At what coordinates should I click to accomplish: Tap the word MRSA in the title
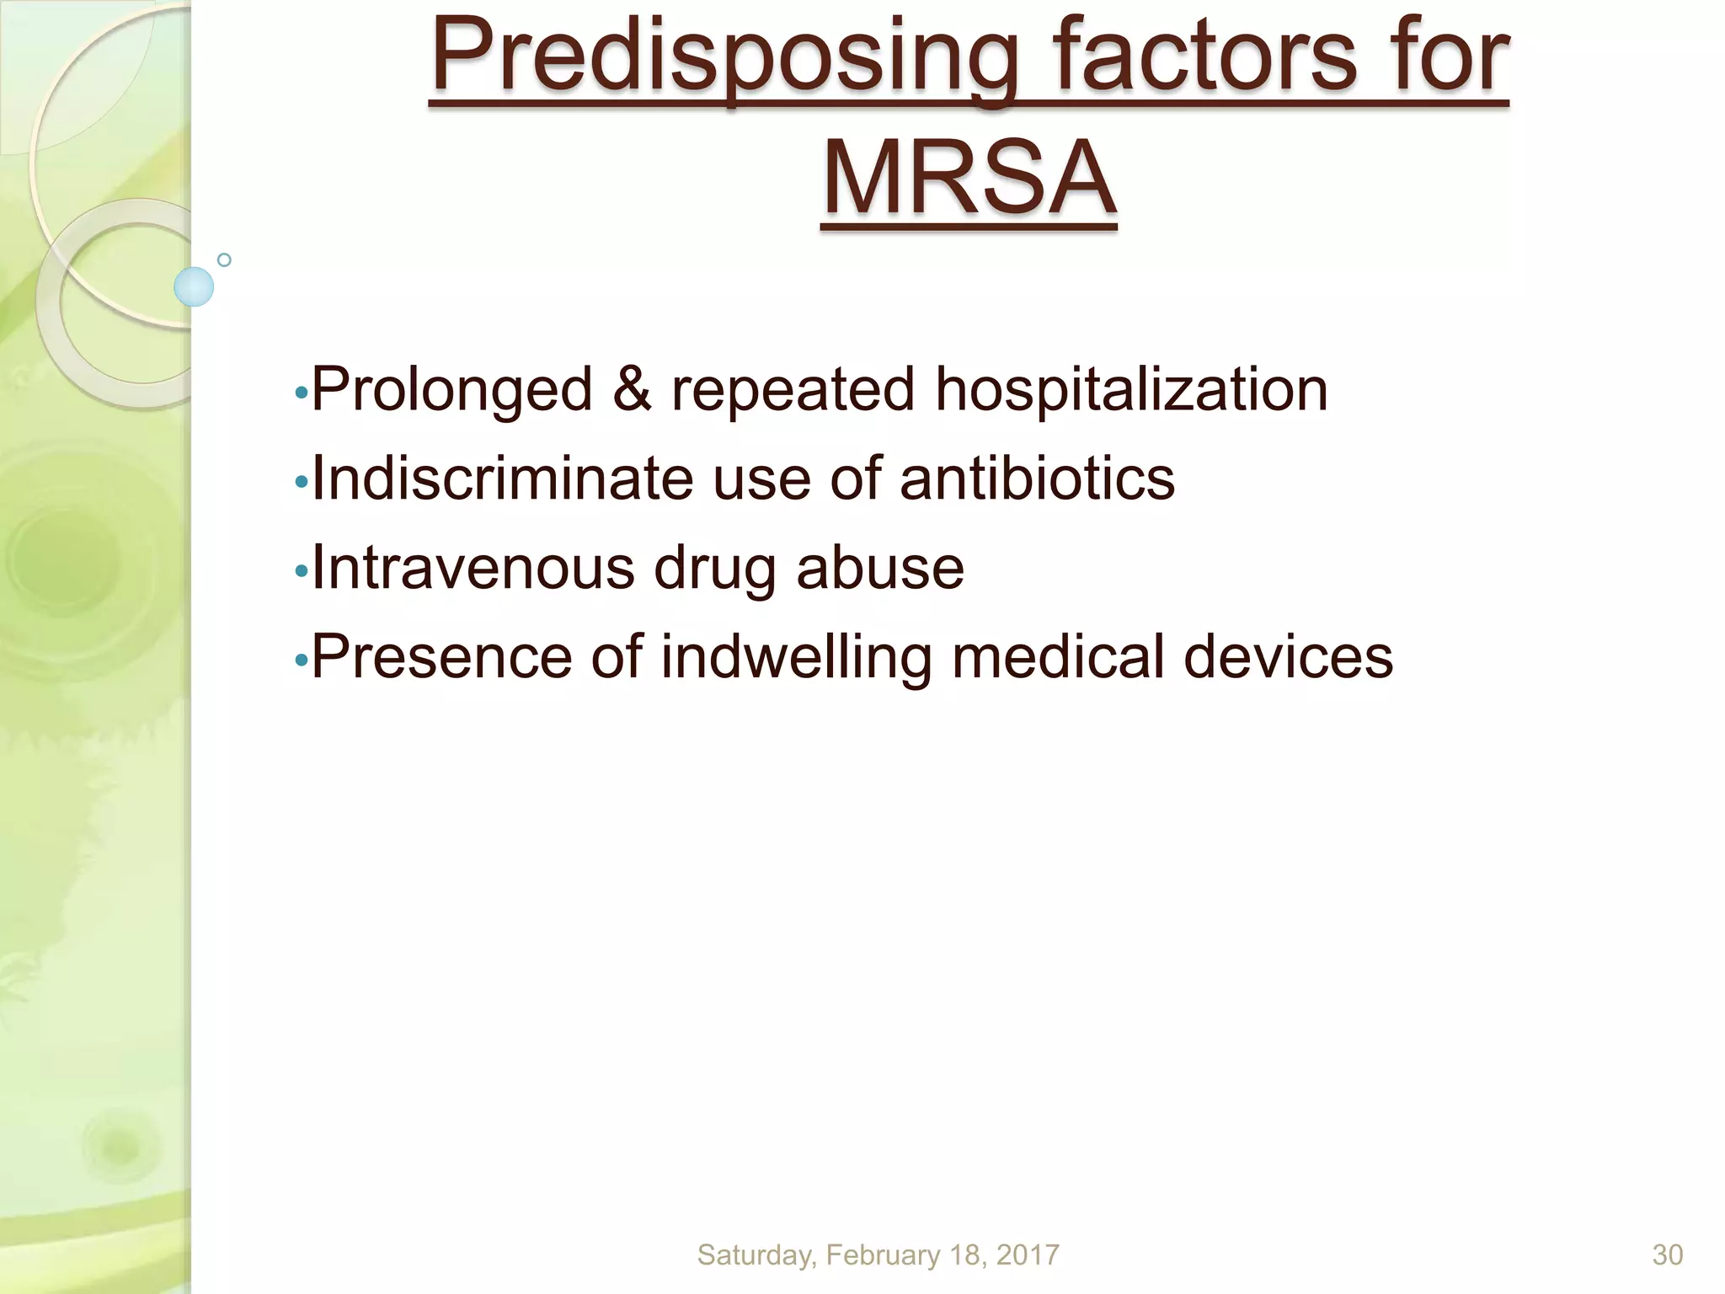pyautogui.click(x=969, y=179)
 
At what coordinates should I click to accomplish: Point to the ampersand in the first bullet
pyautogui.click(x=632, y=389)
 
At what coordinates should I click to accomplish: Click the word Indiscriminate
pyautogui.click(x=502, y=479)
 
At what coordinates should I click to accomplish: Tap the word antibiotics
pyautogui.click(x=1037, y=479)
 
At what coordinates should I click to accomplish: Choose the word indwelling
pyautogui.click(x=796, y=657)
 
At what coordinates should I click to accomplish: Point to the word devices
pyautogui.click(x=1288, y=656)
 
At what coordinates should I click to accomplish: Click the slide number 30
pyautogui.click(x=1667, y=1255)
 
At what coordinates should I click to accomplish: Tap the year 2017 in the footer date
pyautogui.click(x=1027, y=1255)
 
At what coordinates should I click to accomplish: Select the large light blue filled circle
pyautogui.click(x=194, y=286)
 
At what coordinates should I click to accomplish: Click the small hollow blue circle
pyautogui.click(x=224, y=260)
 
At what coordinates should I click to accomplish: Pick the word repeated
pyautogui.click(x=793, y=391)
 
